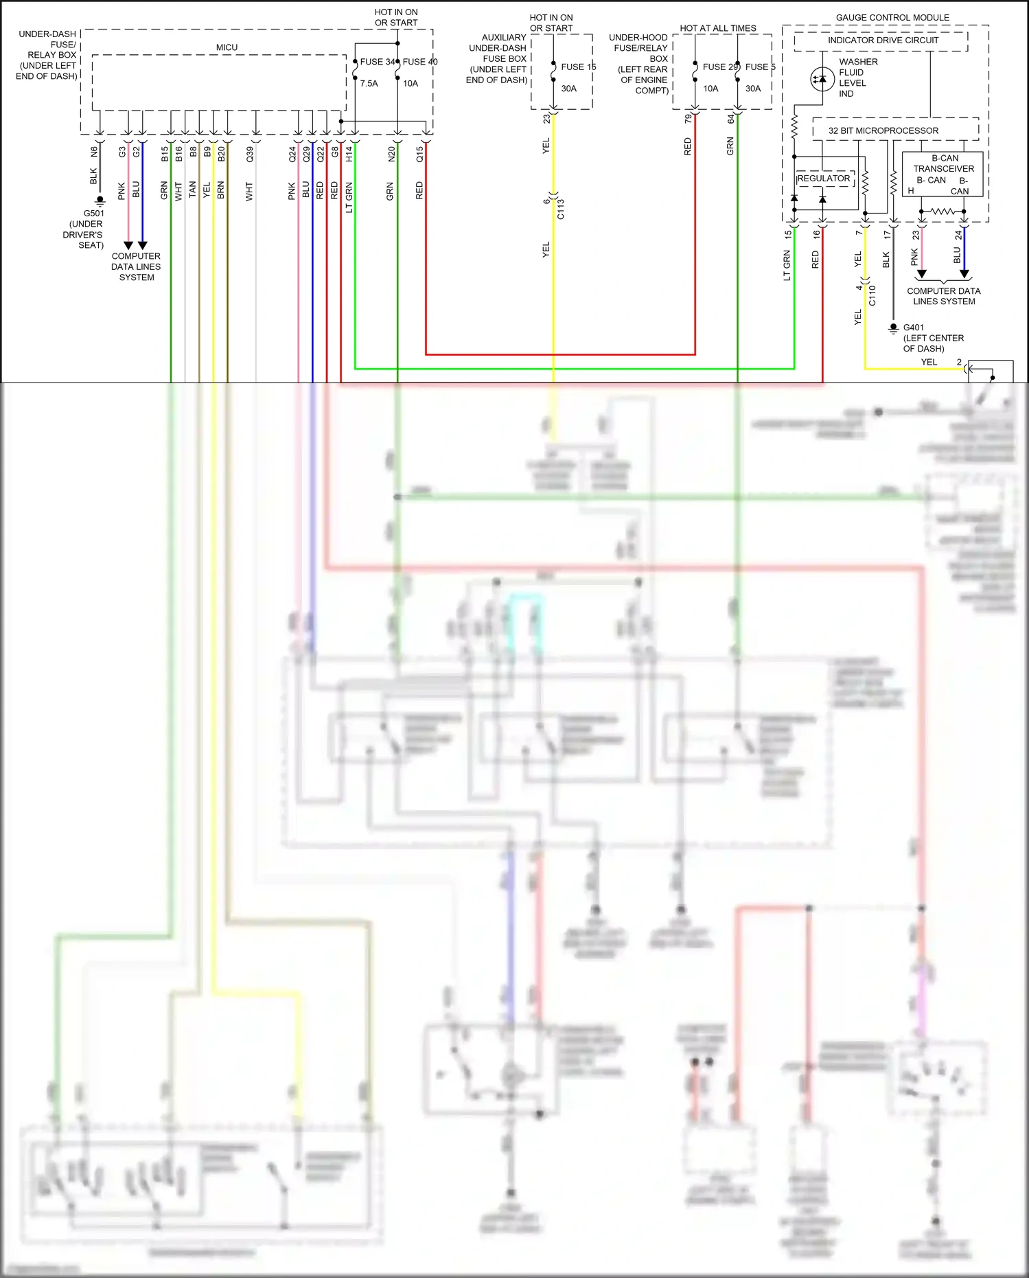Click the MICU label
pyautogui.click(x=227, y=47)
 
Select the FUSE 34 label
pyautogui.click(x=377, y=62)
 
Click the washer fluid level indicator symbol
pyautogui.click(x=822, y=79)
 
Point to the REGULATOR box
pyautogui.click(x=824, y=179)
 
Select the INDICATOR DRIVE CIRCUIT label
pyautogui.click(x=882, y=41)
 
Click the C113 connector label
pyautogui.click(x=561, y=208)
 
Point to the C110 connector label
pyautogui.click(x=872, y=295)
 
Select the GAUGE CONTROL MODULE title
pyautogui.click(x=892, y=17)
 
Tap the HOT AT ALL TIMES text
pyautogui.click(x=717, y=28)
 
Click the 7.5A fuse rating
pyautogui.click(x=369, y=84)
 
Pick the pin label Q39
pyautogui.click(x=250, y=154)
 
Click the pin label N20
pyautogui.click(x=391, y=154)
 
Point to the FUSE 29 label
pyautogui.click(x=719, y=67)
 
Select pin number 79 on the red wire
pyautogui.click(x=688, y=119)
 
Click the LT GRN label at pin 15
pyautogui.click(x=787, y=266)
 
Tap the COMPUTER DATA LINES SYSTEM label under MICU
pyautogui.click(x=136, y=266)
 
